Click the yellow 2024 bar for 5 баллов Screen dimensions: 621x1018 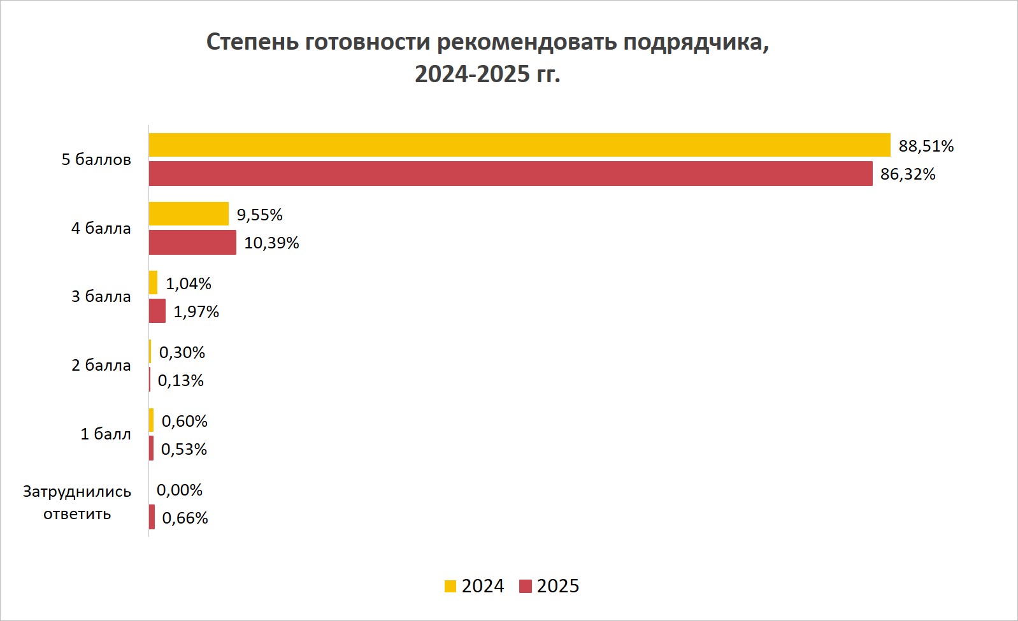pos(519,145)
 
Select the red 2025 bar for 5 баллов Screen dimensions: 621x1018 pos(510,173)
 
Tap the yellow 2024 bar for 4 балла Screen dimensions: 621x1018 pos(189,214)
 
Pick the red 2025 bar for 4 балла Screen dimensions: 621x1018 pos(192,242)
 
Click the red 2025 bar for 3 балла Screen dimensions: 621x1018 pos(157,311)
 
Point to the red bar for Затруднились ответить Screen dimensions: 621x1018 pos(152,517)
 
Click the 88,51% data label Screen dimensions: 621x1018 pos(926,146)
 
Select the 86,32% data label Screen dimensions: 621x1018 pos(908,175)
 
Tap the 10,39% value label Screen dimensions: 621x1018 pos(271,243)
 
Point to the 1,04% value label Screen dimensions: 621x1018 pos(189,284)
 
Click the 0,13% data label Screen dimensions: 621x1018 pos(181,381)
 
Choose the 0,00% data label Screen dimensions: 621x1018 pos(180,490)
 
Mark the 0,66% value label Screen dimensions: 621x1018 pos(185,518)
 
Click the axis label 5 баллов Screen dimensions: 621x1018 pos(96,160)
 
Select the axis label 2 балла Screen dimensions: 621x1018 pos(101,366)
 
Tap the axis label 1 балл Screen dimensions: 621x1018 pos(105,434)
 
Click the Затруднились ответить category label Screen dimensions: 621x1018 pos(77,503)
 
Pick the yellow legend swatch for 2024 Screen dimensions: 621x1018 pos(450,587)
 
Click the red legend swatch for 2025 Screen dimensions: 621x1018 pos(526,587)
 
